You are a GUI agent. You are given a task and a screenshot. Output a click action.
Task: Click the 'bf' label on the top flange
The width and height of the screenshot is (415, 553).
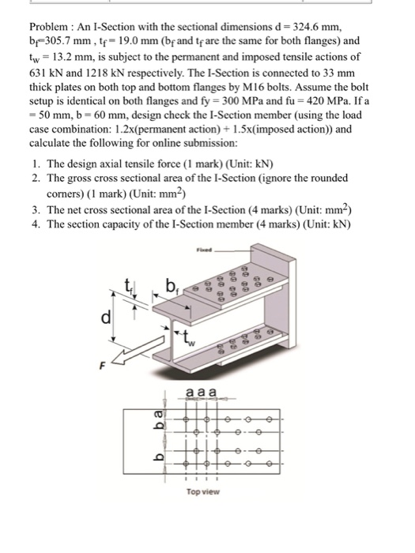click(x=172, y=284)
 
